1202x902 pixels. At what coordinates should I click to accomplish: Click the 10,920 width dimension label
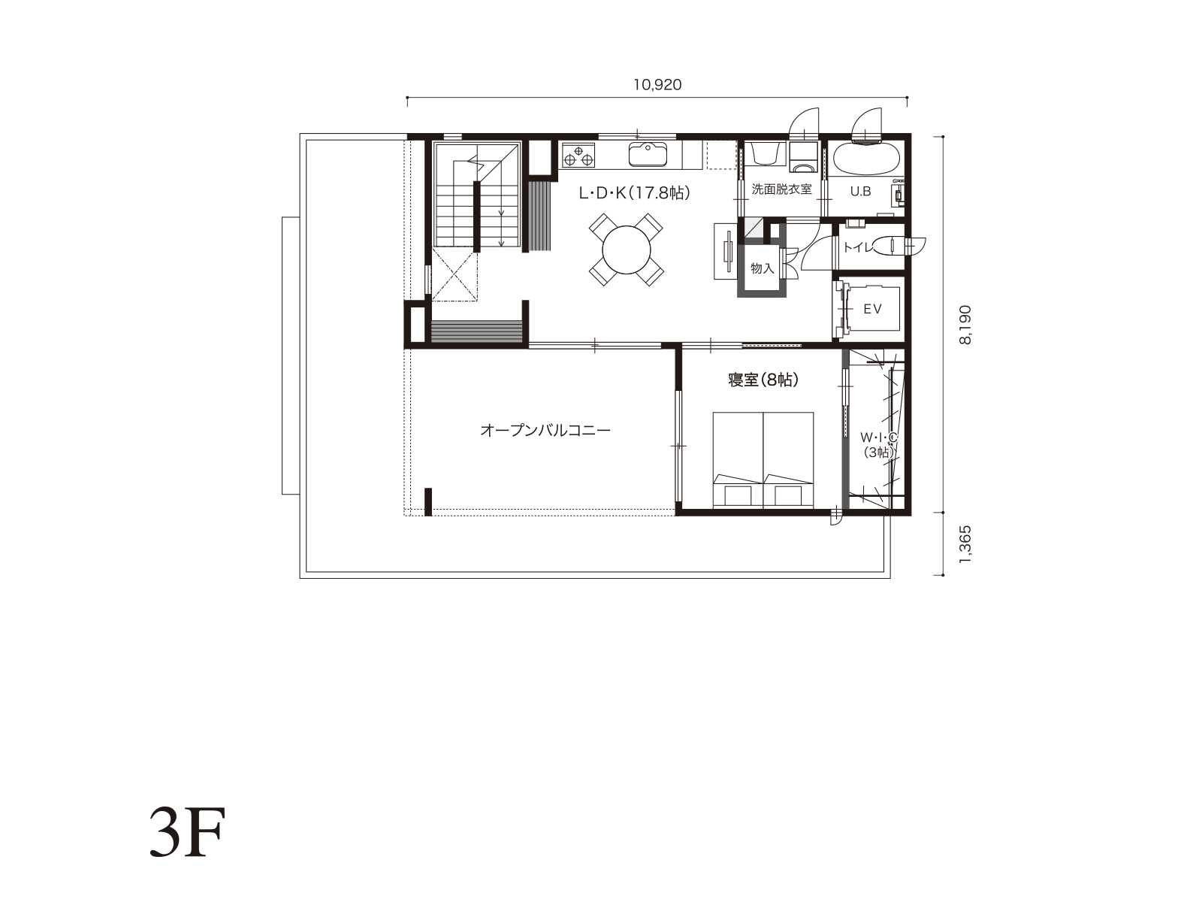pyautogui.click(x=657, y=85)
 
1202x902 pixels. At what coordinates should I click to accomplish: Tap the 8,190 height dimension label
pyautogui.click(x=965, y=324)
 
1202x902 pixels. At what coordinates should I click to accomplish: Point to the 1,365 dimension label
pyautogui.click(x=965, y=543)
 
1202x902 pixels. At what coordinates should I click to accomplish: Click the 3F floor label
pyautogui.click(x=187, y=832)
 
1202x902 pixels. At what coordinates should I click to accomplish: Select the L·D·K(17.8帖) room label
pyautogui.click(x=634, y=192)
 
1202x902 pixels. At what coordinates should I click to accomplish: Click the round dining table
pyautogui.click(x=626, y=250)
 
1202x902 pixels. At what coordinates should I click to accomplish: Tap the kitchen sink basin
pyautogui.click(x=648, y=154)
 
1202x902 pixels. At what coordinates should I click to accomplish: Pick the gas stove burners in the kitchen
pyautogui.click(x=578, y=155)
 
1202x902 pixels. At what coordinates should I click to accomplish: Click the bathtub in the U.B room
pyautogui.click(x=866, y=159)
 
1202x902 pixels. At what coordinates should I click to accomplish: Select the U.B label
pyautogui.click(x=860, y=191)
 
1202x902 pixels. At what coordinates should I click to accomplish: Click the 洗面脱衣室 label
pyautogui.click(x=781, y=189)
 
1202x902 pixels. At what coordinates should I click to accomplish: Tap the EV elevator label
pyautogui.click(x=872, y=309)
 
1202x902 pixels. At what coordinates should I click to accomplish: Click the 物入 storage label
pyautogui.click(x=763, y=268)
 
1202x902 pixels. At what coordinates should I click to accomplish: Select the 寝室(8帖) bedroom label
pyautogui.click(x=763, y=380)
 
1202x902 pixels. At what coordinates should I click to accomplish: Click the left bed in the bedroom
pyautogui.click(x=738, y=460)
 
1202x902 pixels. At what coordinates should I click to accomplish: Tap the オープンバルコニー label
pyautogui.click(x=545, y=431)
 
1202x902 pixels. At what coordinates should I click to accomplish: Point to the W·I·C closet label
pyautogui.click(x=879, y=437)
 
